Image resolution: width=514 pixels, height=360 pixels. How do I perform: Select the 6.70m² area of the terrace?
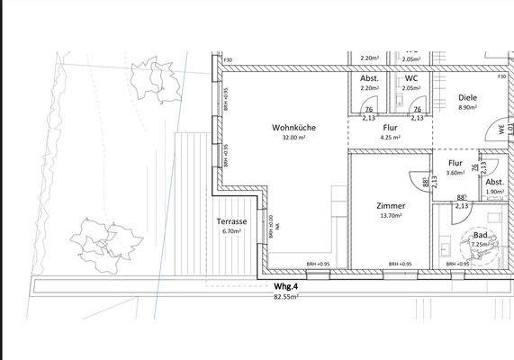(x=232, y=230)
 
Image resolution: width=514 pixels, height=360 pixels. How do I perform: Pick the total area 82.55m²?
(x=285, y=295)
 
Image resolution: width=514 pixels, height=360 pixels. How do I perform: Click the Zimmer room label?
(x=391, y=206)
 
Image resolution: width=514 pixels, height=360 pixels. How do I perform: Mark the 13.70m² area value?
(x=391, y=216)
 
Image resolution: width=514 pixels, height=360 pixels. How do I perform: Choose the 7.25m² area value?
(x=480, y=244)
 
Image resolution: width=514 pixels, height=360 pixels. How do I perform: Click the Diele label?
(x=467, y=97)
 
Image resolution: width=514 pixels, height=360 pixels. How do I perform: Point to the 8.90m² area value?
(x=467, y=108)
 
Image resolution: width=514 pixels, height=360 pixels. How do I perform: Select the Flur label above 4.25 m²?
(x=390, y=128)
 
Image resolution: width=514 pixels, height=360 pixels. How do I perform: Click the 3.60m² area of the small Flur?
(x=455, y=173)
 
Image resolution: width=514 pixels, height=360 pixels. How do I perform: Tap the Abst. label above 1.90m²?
(x=494, y=180)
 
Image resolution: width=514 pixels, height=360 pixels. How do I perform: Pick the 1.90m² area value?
(x=494, y=191)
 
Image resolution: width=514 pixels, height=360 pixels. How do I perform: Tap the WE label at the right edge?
(x=502, y=130)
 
